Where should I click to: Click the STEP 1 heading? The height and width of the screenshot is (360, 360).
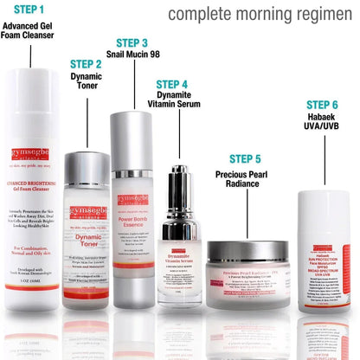pos(31,10)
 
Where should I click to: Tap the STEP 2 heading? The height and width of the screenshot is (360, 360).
pos(86,63)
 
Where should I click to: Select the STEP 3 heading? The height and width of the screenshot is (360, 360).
pos(132,42)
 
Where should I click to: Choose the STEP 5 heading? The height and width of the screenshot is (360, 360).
pos(245,158)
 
